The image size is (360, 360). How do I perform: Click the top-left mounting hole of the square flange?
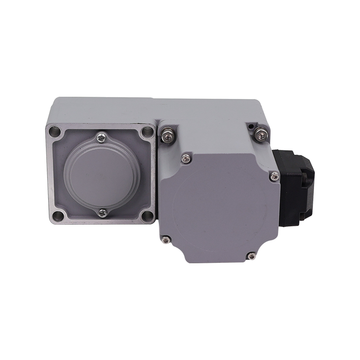click(x=56, y=132)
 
